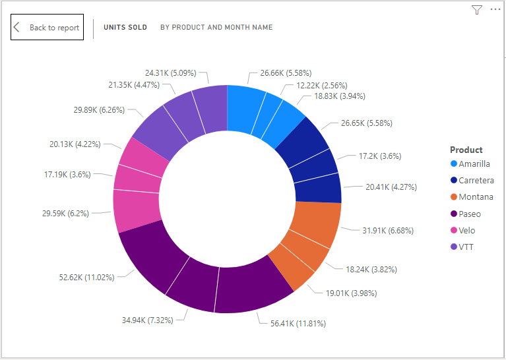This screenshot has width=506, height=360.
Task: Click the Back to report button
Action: tap(47, 27)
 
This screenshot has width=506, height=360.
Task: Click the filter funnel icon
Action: tap(477, 10)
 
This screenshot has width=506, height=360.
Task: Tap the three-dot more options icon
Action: tap(495, 10)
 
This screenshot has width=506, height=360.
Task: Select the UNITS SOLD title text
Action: tap(125, 28)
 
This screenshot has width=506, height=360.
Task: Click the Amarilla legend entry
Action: tap(474, 164)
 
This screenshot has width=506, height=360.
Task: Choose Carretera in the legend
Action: tap(476, 181)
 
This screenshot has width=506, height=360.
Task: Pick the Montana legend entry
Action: tap(475, 197)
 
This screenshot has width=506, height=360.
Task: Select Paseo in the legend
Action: tap(470, 214)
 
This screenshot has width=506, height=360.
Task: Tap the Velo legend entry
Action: tap(466, 230)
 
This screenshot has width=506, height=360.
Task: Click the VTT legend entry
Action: tap(466, 247)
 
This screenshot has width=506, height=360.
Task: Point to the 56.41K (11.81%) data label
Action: tap(298, 323)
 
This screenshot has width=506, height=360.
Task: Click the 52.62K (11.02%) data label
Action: tap(86, 277)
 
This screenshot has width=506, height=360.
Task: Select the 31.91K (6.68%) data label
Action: tap(387, 230)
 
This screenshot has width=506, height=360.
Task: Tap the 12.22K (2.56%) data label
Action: tap(321, 85)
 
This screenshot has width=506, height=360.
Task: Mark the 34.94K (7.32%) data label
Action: tap(147, 320)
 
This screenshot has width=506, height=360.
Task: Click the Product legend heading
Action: tap(466, 150)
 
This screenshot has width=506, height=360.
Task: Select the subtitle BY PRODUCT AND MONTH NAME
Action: tap(216, 28)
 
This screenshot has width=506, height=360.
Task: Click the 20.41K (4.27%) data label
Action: tap(391, 187)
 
